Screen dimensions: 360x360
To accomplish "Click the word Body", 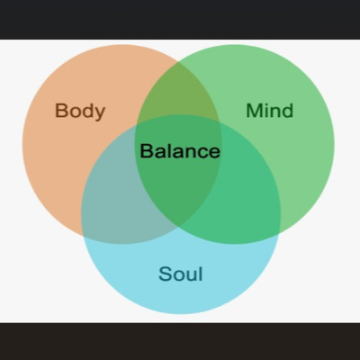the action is [80, 111].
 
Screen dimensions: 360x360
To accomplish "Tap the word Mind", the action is [269, 111].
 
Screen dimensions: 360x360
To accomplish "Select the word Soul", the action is [181, 274].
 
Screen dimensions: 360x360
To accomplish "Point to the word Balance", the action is [180, 151].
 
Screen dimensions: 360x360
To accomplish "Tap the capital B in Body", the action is [61, 111].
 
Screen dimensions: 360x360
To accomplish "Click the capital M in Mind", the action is [254, 111].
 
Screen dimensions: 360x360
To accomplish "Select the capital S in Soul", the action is [165, 274].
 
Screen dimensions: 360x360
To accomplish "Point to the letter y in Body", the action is [100, 113].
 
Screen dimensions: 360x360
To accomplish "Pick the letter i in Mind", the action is [264, 111].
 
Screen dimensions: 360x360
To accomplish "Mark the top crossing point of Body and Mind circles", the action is [178, 61].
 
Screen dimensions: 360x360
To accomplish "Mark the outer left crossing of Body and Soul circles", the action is [83, 236].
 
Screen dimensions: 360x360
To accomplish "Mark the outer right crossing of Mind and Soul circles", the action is [279, 233].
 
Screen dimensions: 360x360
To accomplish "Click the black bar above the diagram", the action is [180, 20].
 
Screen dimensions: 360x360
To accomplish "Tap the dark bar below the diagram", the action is [180, 341].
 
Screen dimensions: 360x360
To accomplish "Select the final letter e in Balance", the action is [214, 153].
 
